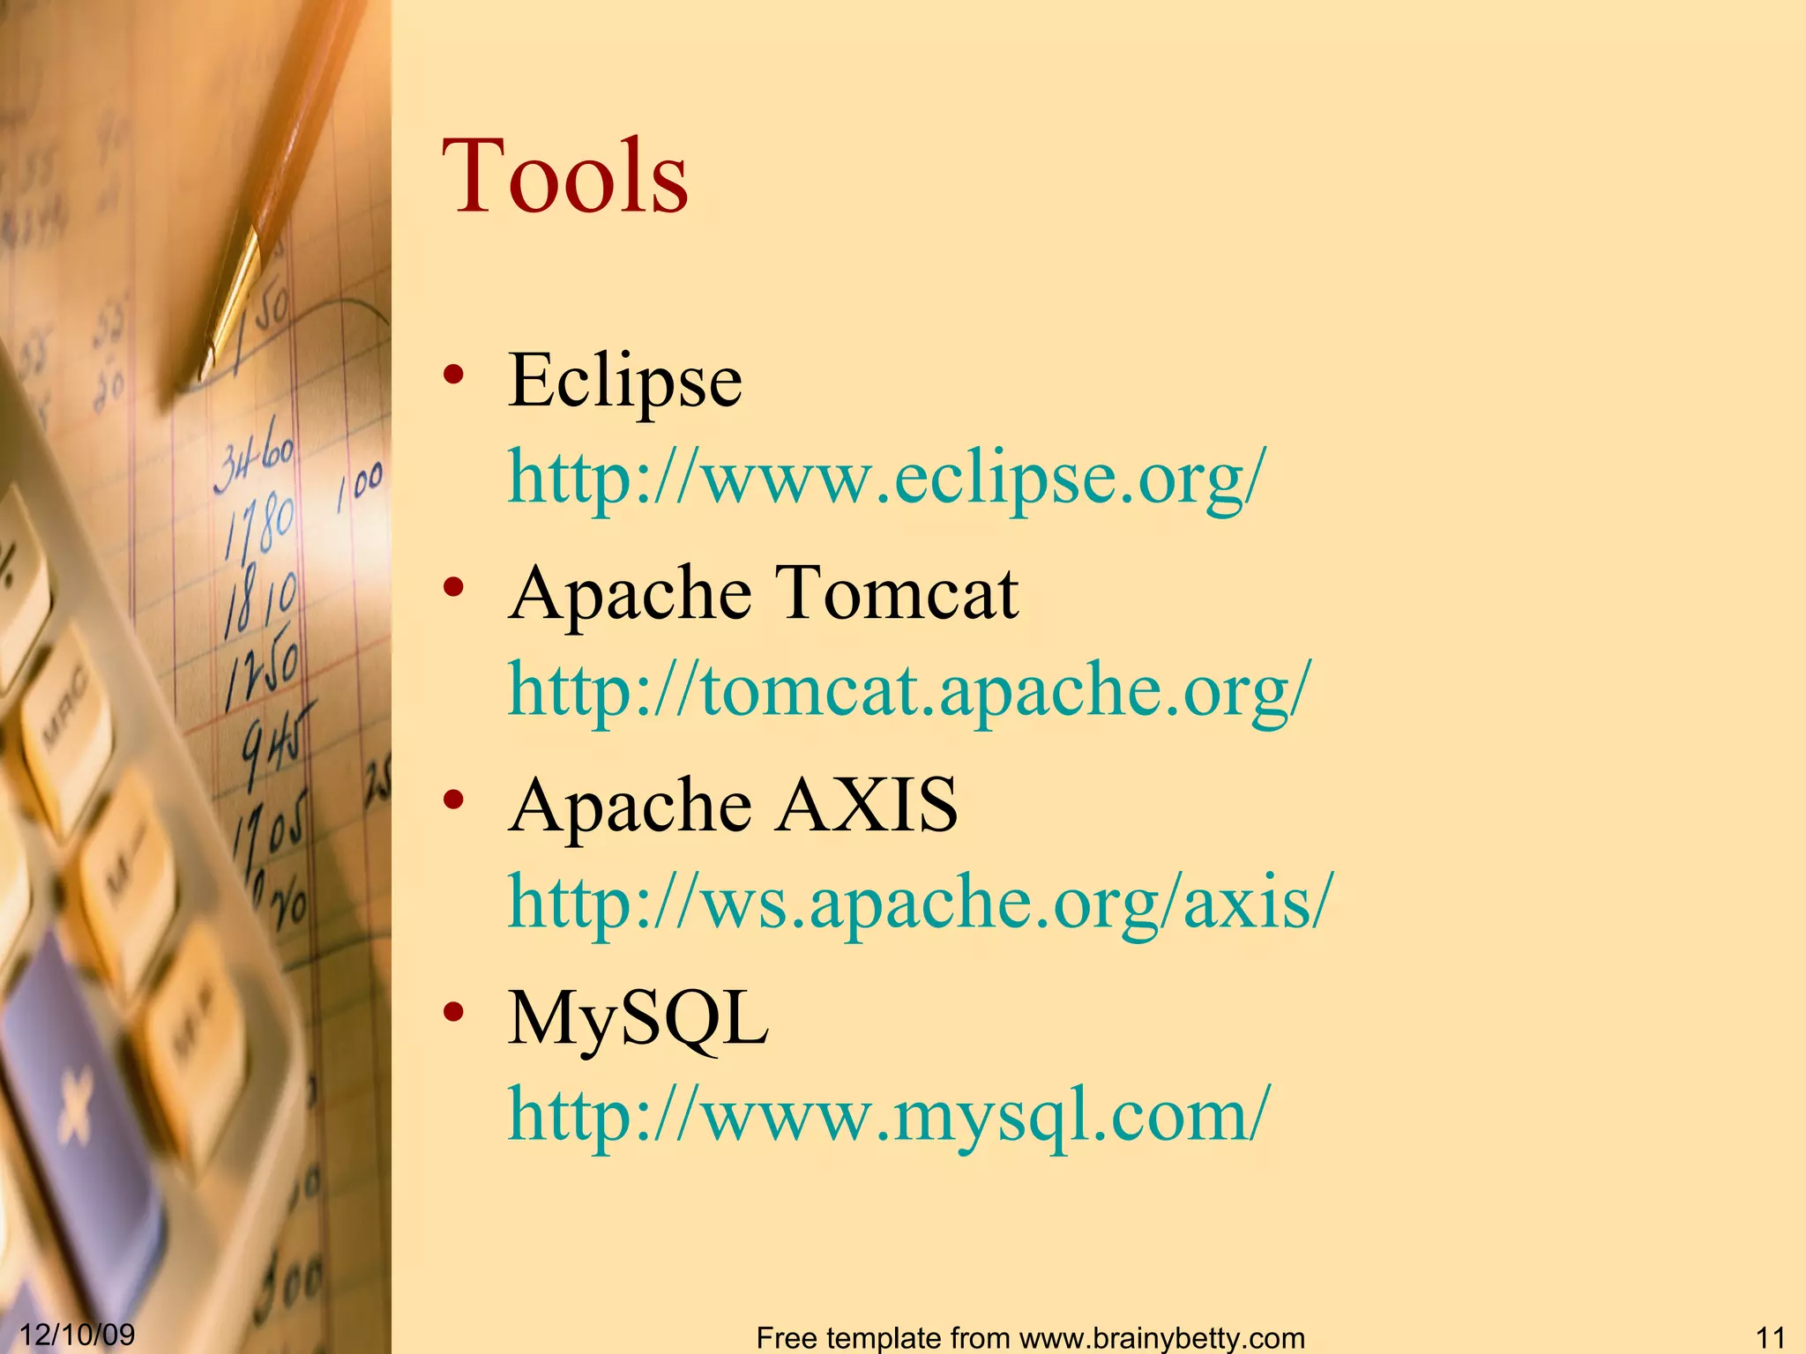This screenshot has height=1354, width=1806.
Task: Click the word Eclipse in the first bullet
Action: (x=624, y=381)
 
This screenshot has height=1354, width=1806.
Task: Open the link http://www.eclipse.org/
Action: (x=886, y=477)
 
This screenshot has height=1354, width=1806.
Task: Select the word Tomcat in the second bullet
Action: (x=896, y=593)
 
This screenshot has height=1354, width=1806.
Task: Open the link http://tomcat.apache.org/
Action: (x=909, y=690)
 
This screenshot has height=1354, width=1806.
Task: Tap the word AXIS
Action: (x=866, y=805)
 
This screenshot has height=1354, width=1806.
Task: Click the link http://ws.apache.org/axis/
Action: (x=921, y=903)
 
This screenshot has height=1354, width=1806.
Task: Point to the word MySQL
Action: (x=638, y=1019)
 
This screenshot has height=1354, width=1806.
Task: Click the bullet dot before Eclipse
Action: (x=454, y=376)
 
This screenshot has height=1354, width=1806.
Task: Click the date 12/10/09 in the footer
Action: (x=78, y=1334)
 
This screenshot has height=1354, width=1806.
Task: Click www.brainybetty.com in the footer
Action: (x=1156, y=1338)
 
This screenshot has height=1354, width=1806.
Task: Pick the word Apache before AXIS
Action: (x=630, y=805)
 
